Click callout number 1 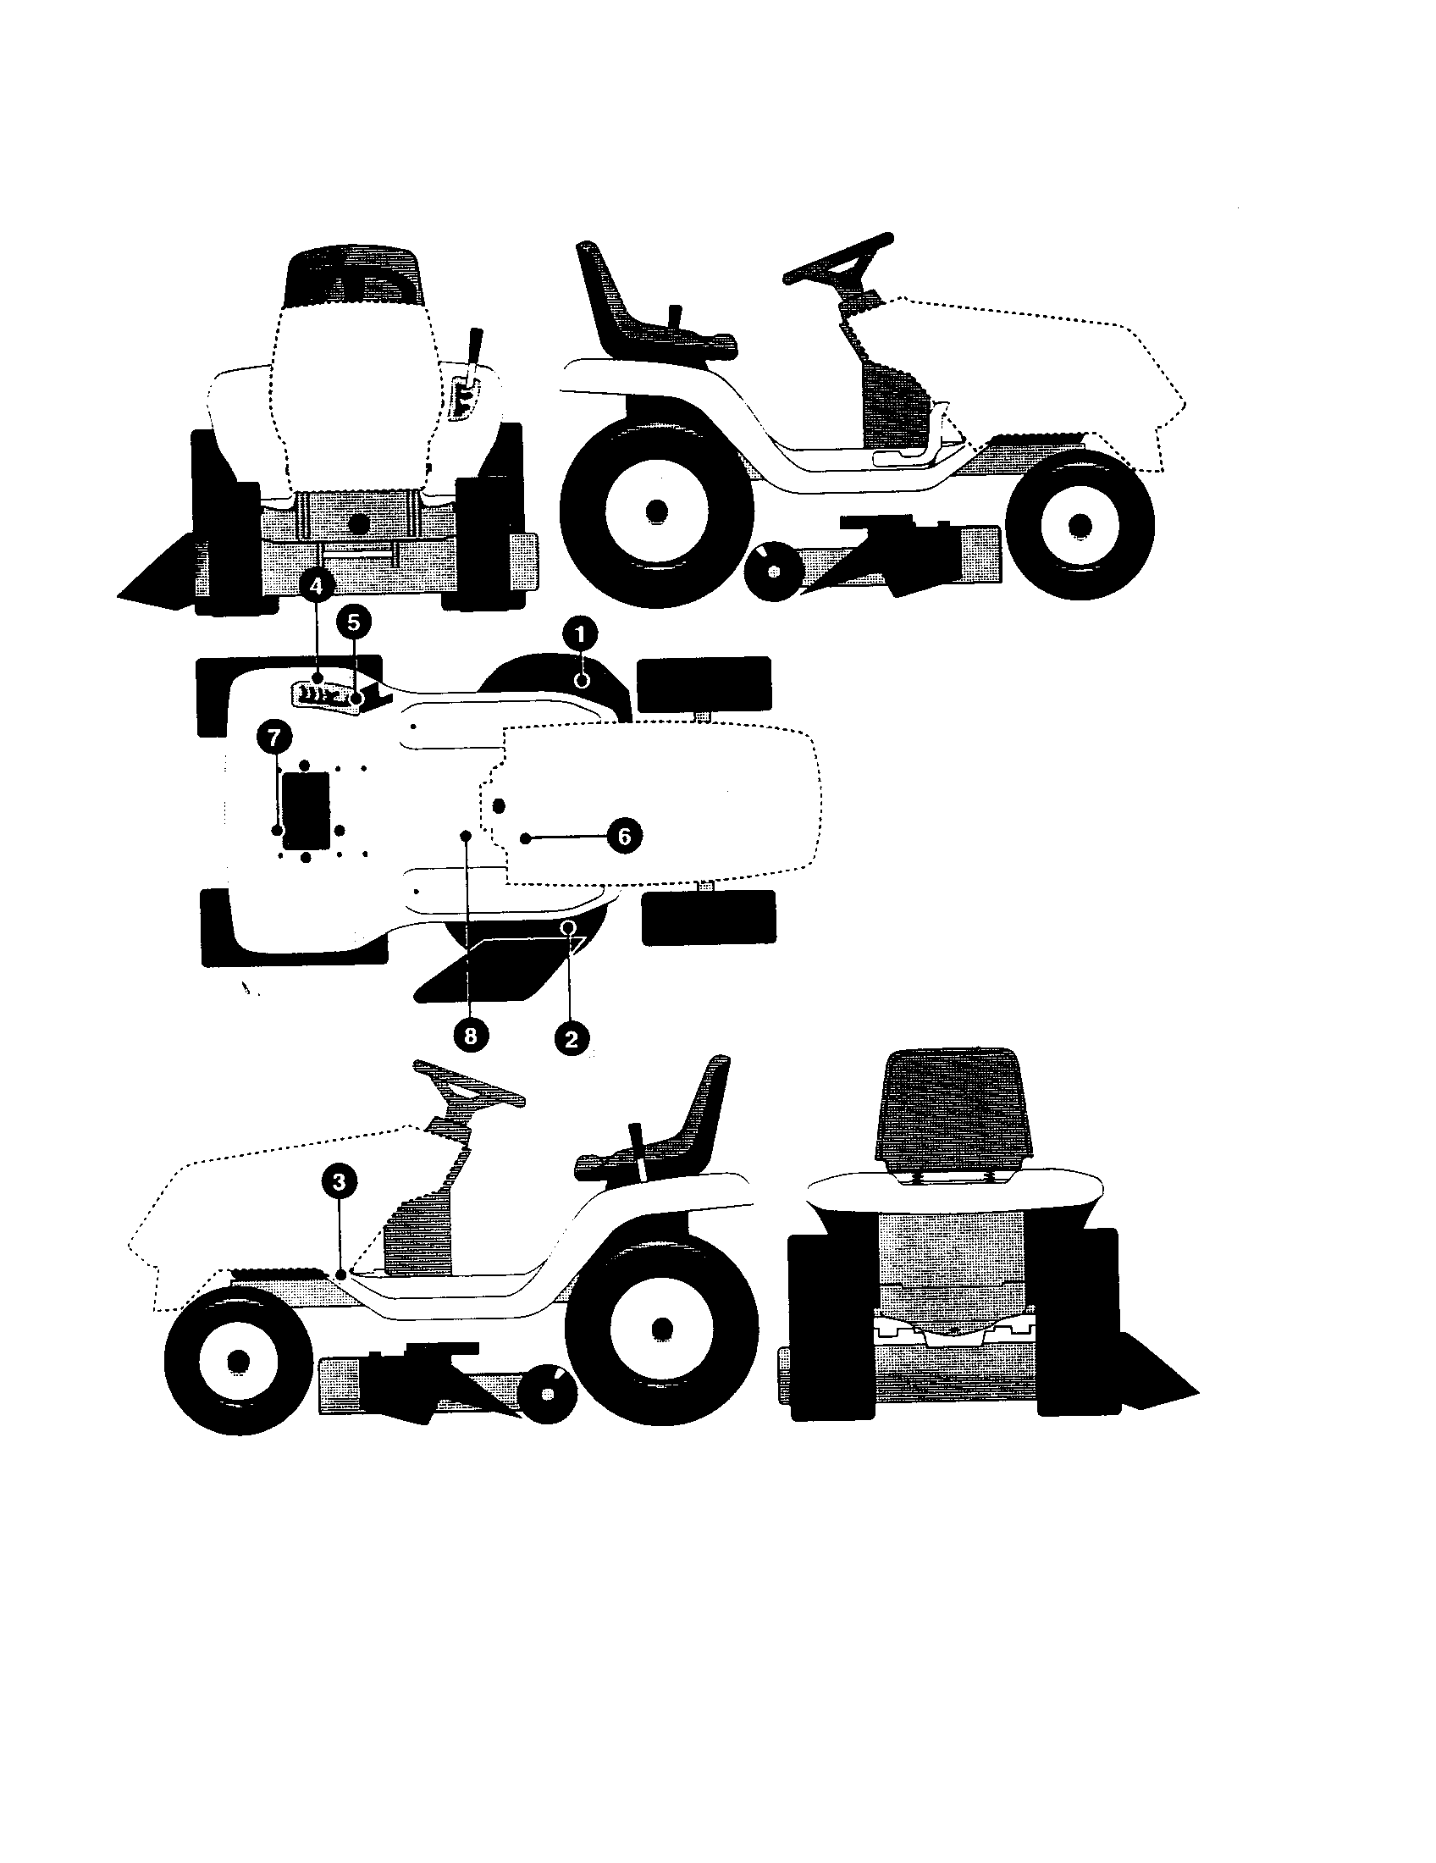(x=580, y=633)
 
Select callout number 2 (x=572, y=1038)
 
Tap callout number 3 (x=340, y=1181)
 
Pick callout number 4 (x=317, y=586)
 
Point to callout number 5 (x=354, y=622)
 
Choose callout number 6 (x=624, y=836)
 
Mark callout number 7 (x=273, y=737)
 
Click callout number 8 (x=470, y=1036)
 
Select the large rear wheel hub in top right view (x=655, y=511)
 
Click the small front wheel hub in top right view (x=1080, y=523)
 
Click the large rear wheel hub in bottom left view (x=662, y=1328)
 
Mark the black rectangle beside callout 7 (x=307, y=810)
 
